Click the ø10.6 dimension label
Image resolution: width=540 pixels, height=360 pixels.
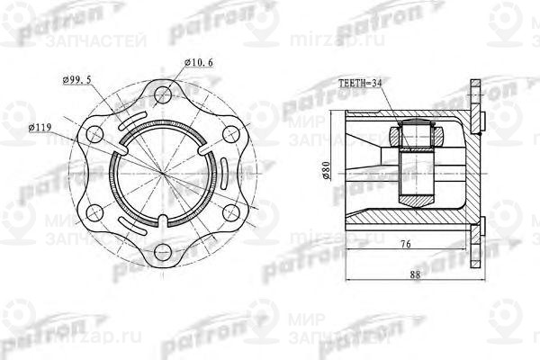(x=199, y=63)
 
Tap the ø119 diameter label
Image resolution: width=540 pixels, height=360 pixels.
(x=42, y=128)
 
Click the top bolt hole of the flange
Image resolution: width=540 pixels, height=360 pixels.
(x=162, y=91)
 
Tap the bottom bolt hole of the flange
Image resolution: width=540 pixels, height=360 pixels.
(x=162, y=251)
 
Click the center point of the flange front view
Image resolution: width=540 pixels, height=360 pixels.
(x=163, y=171)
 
